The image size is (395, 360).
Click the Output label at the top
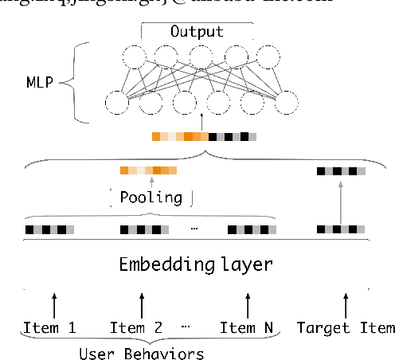pyautogui.click(x=197, y=33)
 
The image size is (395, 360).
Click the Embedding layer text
pyautogui.click(x=196, y=264)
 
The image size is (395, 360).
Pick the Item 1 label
pyautogui.click(x=49, y=327)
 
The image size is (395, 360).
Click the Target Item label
pyautogui.click(x=345, y=327)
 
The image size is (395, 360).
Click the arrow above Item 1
pyautogui.click(x=53, y=304)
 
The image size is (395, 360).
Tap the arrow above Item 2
pyautogui.click(x=143, y=304)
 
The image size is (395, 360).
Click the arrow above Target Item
pyautogui.click(x=345, y=304)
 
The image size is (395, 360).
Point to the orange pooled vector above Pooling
pyautogui.click(x=148, y=170)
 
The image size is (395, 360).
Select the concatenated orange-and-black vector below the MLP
pyautogui.click(x=203, y=136)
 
